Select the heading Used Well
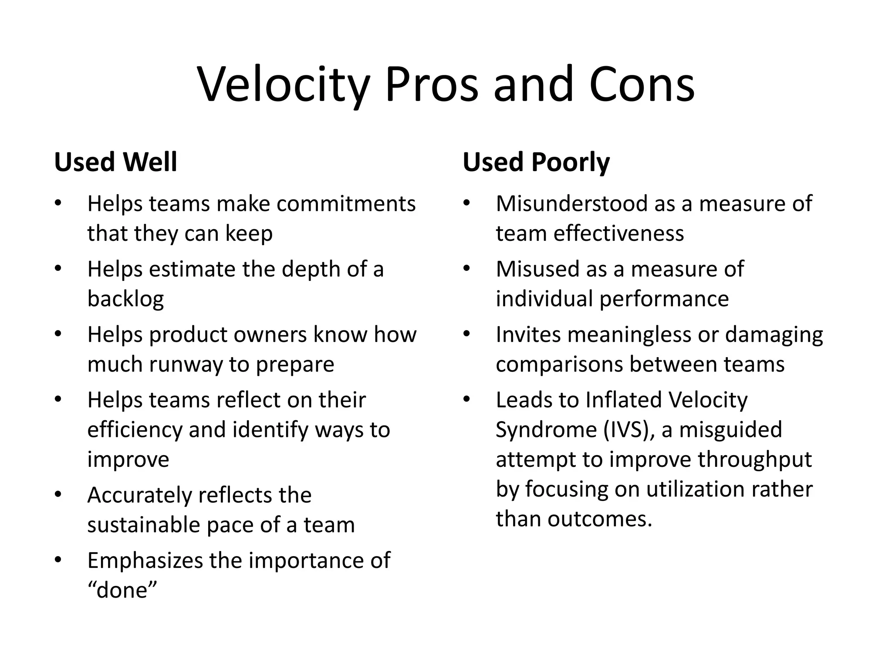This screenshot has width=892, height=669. [115, 162]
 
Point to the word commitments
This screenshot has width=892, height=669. [346, 204]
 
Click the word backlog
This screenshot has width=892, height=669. [125, 299]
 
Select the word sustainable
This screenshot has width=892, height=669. [143, 525]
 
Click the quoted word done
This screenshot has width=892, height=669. [122, 590]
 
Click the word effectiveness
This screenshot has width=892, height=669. [618, 233]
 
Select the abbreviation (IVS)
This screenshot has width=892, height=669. [629, 430]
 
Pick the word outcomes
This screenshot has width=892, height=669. [600, 519]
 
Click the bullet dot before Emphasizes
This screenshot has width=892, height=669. [58, 561]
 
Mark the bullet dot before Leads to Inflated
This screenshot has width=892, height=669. [467, 400]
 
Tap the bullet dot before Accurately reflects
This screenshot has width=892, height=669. [58, 495]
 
